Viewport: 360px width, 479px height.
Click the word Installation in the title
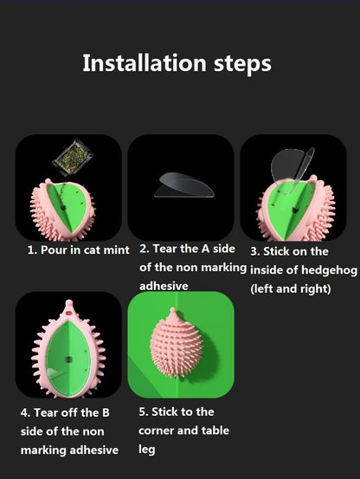pyautogui.click(x=145, y=63)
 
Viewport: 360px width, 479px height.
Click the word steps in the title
pyautogui.click(x=242, y=65)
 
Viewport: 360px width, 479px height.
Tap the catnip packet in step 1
pyautogui.click(x=73, y=158)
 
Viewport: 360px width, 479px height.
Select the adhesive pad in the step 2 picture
pyautogui.click(x=184, y=185)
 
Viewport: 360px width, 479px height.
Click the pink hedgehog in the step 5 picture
pyautogui.click(x=176, y=344)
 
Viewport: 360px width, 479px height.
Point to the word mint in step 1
pyautogui.click(x=117, y=250)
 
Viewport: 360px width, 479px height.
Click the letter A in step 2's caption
pyautogui.click(x=205, y=249)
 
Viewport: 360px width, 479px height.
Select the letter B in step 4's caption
pyautogui.click(x=106, y=412)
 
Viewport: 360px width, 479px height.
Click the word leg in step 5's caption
pyautogui.click(x=147, y=450)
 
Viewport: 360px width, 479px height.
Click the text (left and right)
pyautogui.click(x=291, y=289)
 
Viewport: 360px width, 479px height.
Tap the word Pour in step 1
pyautogui.click(x=54, y=250)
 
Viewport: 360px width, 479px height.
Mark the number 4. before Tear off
pyautogui.click(x=25, y=413)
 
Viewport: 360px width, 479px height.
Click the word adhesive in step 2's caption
pyautogui.click(x=164, y=286)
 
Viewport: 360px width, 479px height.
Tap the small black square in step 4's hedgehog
pyautogui.click(x=68, y=359)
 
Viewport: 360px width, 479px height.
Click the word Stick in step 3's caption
pyautogui.click(x=276, y=252)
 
